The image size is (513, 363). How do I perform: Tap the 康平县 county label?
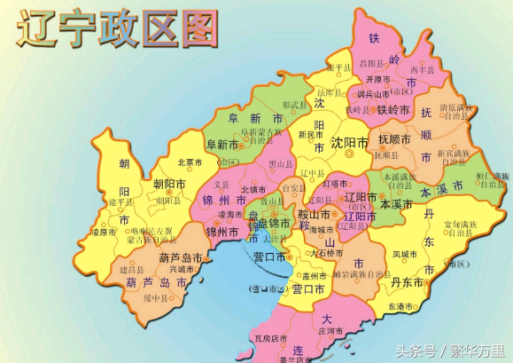[339, 67]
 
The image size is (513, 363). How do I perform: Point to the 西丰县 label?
[421, 68]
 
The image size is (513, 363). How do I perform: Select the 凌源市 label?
[104, 232]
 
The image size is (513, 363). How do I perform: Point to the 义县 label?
[222, 185]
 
